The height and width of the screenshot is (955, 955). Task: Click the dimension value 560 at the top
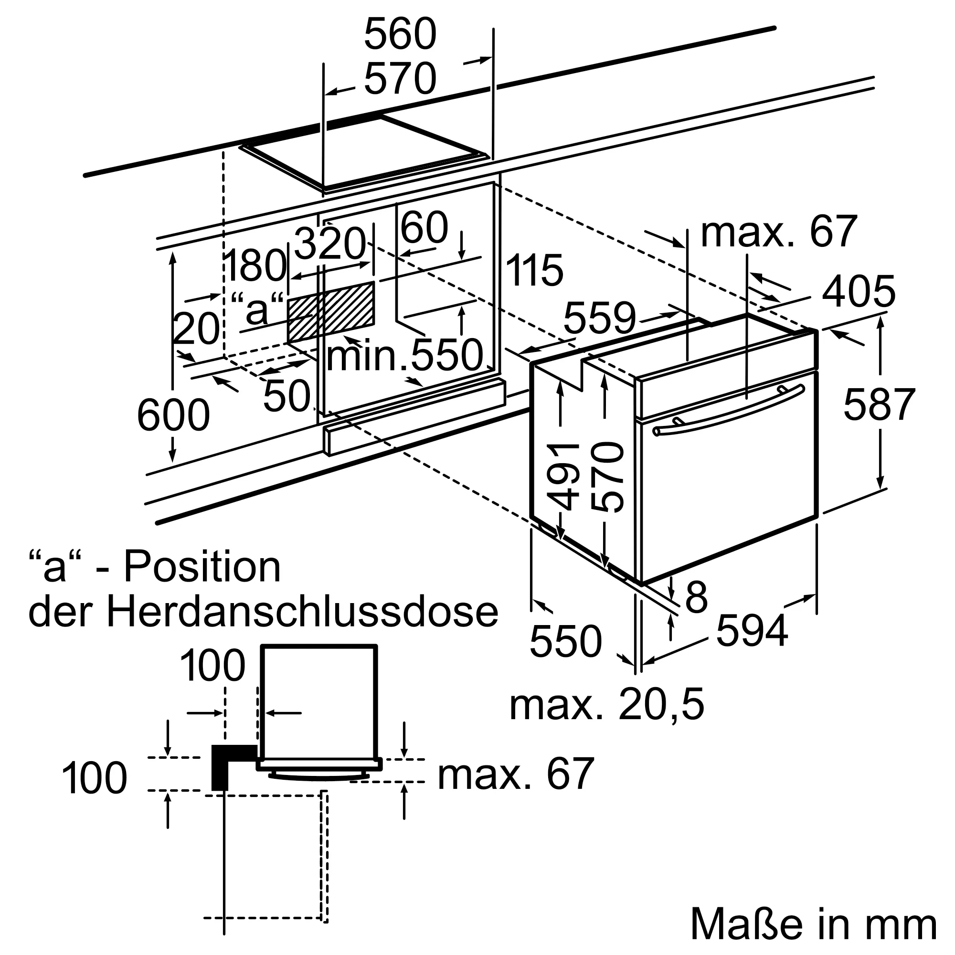(401, 34)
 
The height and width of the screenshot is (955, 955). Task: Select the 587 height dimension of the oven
(880, 404)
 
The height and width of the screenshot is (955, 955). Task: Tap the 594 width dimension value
(751, 631)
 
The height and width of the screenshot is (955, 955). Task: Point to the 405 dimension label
(859, 292)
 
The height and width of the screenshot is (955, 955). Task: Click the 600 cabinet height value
(173, 415)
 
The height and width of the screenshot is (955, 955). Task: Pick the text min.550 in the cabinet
(404, 355)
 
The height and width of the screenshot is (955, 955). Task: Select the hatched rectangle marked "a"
(331, 312)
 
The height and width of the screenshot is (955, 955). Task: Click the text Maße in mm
(813, 924)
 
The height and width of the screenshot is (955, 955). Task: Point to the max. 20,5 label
(606, 705)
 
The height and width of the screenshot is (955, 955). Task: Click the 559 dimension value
(599, 318)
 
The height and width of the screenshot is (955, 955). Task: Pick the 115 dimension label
(534, 270)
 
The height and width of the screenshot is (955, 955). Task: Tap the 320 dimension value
(329, 244)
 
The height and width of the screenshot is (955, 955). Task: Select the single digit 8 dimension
(697, 597)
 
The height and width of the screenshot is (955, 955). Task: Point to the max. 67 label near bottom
(515, 774)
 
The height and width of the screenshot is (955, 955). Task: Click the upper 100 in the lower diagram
(212, 665)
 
